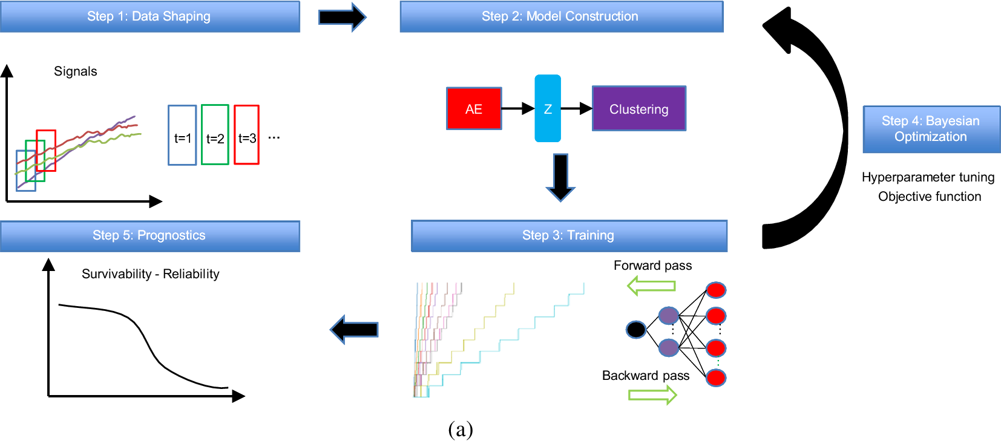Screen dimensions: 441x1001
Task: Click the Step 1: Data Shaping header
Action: tap(149, 16)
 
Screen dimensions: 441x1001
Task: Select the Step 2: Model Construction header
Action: tap(561, 16)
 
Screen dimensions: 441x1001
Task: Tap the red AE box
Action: tap(474, 109)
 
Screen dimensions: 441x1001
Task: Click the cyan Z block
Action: tap(548, 109)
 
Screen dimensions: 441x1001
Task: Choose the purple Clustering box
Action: tap(638, 109)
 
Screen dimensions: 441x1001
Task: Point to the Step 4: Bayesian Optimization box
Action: tap(931, 129)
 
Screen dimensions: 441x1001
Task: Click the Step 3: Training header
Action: tap(568, 235)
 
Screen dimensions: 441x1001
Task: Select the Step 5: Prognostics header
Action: tap(149, 235)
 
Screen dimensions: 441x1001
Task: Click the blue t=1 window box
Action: tap(182, 135)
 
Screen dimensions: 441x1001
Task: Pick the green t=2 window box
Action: tap(215, 135)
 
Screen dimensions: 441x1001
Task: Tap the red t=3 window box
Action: tap(246, 135)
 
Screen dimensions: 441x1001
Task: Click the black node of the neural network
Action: tap(635, 330)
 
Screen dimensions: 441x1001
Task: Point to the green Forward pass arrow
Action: tap(651, 285)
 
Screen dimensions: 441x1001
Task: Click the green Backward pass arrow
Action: tap(652, 395)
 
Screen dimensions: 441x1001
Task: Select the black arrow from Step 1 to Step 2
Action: tap(342, 17)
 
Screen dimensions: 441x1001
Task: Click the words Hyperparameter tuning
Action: tap(928, 177)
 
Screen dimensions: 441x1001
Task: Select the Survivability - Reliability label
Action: tap(150, 274)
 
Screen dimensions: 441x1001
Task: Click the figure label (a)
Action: tap(460, 429)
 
